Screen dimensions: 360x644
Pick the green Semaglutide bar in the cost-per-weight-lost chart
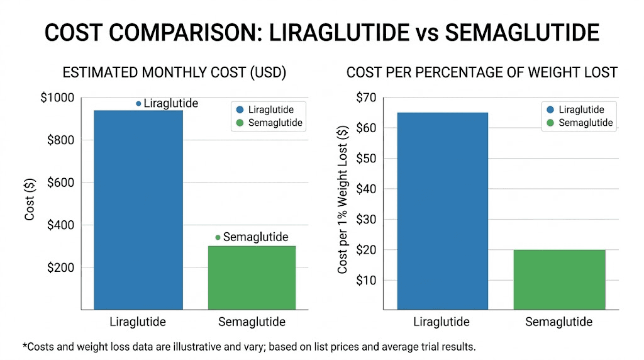[x=558, y=279]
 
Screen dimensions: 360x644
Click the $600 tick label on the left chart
[x=60, y=183]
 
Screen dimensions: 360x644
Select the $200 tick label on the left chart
[x=60, y=267]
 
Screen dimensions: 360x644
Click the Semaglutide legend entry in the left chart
[x=269, y=123]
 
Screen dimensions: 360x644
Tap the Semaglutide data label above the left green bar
[x=255, y=237]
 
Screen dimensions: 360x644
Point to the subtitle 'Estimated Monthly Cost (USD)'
[x=174, y=73]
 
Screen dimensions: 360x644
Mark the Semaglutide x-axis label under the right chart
[x=558, y=322]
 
